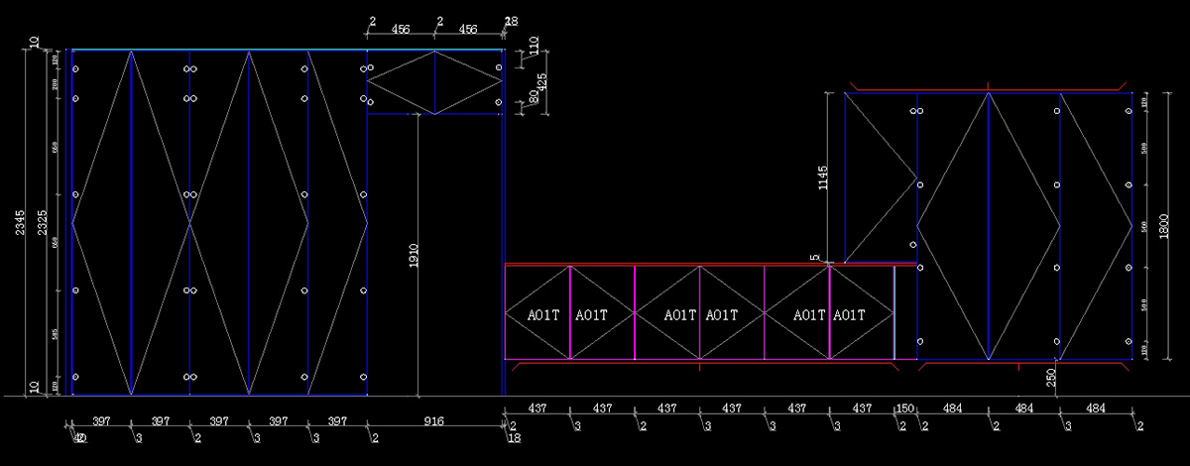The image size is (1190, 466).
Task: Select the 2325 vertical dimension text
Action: (39, 223)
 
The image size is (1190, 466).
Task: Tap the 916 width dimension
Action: (433, 421)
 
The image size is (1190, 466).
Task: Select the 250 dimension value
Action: (1050, 378)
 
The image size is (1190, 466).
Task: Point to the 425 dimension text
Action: (541, 78)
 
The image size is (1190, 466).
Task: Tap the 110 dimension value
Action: (534, 46)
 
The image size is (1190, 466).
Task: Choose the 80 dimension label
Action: (534, 96)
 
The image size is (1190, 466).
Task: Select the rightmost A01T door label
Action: (849, 315)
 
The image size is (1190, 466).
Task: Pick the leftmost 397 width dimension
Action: (100, 421)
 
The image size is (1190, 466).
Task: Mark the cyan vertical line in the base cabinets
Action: (894, 311)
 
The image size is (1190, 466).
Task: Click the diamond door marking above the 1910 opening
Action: (434, 82)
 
